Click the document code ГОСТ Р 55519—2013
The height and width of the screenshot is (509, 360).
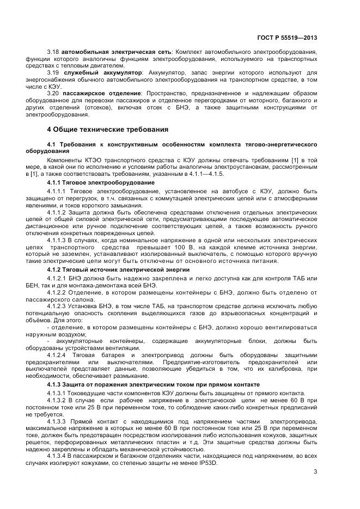point(286,38)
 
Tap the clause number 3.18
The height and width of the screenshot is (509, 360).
point(52,52)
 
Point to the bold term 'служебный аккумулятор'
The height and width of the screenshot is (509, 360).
point(102,72)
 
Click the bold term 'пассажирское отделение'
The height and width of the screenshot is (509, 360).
point(102,94)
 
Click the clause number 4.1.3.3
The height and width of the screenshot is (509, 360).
point(56,421)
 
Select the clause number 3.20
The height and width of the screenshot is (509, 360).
point(52,94)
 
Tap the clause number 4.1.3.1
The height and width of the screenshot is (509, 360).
point(56,393)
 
